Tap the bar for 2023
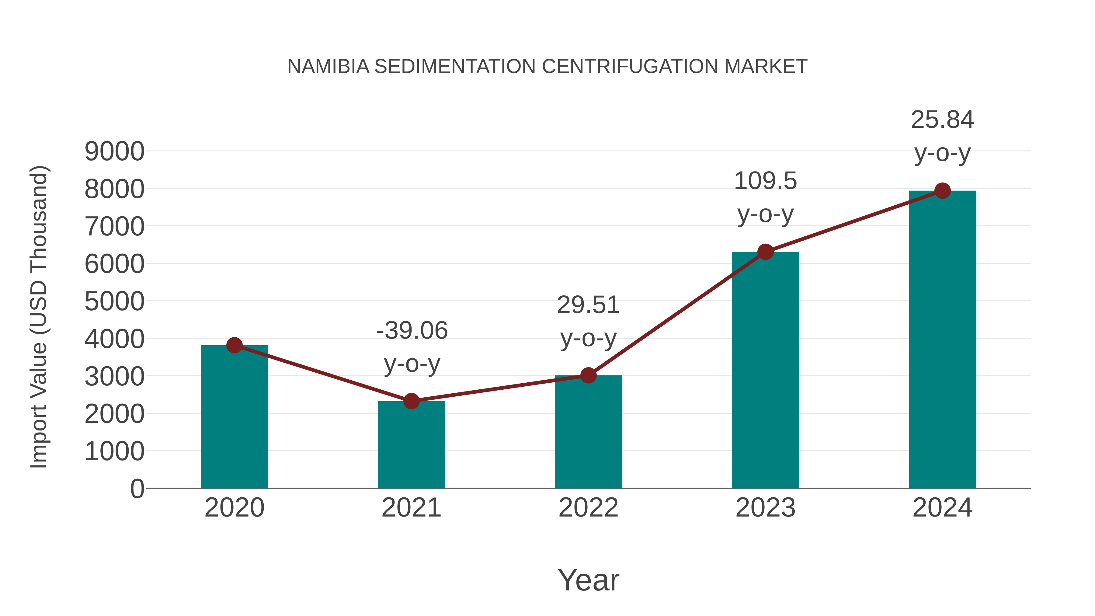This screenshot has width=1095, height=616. coord(765,370)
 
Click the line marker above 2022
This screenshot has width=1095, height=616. coord(588,375)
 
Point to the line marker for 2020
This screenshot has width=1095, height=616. coord(234,345)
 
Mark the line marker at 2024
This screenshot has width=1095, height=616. coord(942,191)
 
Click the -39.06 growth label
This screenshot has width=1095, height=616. coord(412,331)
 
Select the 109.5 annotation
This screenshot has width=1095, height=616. coord(765,181)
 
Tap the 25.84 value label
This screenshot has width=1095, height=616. coord(942,120)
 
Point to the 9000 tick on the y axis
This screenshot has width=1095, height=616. coord(114,151)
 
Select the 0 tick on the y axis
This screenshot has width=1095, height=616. coord(137,489)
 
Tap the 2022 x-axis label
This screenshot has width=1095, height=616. coord(588,508)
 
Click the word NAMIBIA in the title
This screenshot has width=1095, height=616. coord(328,67)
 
